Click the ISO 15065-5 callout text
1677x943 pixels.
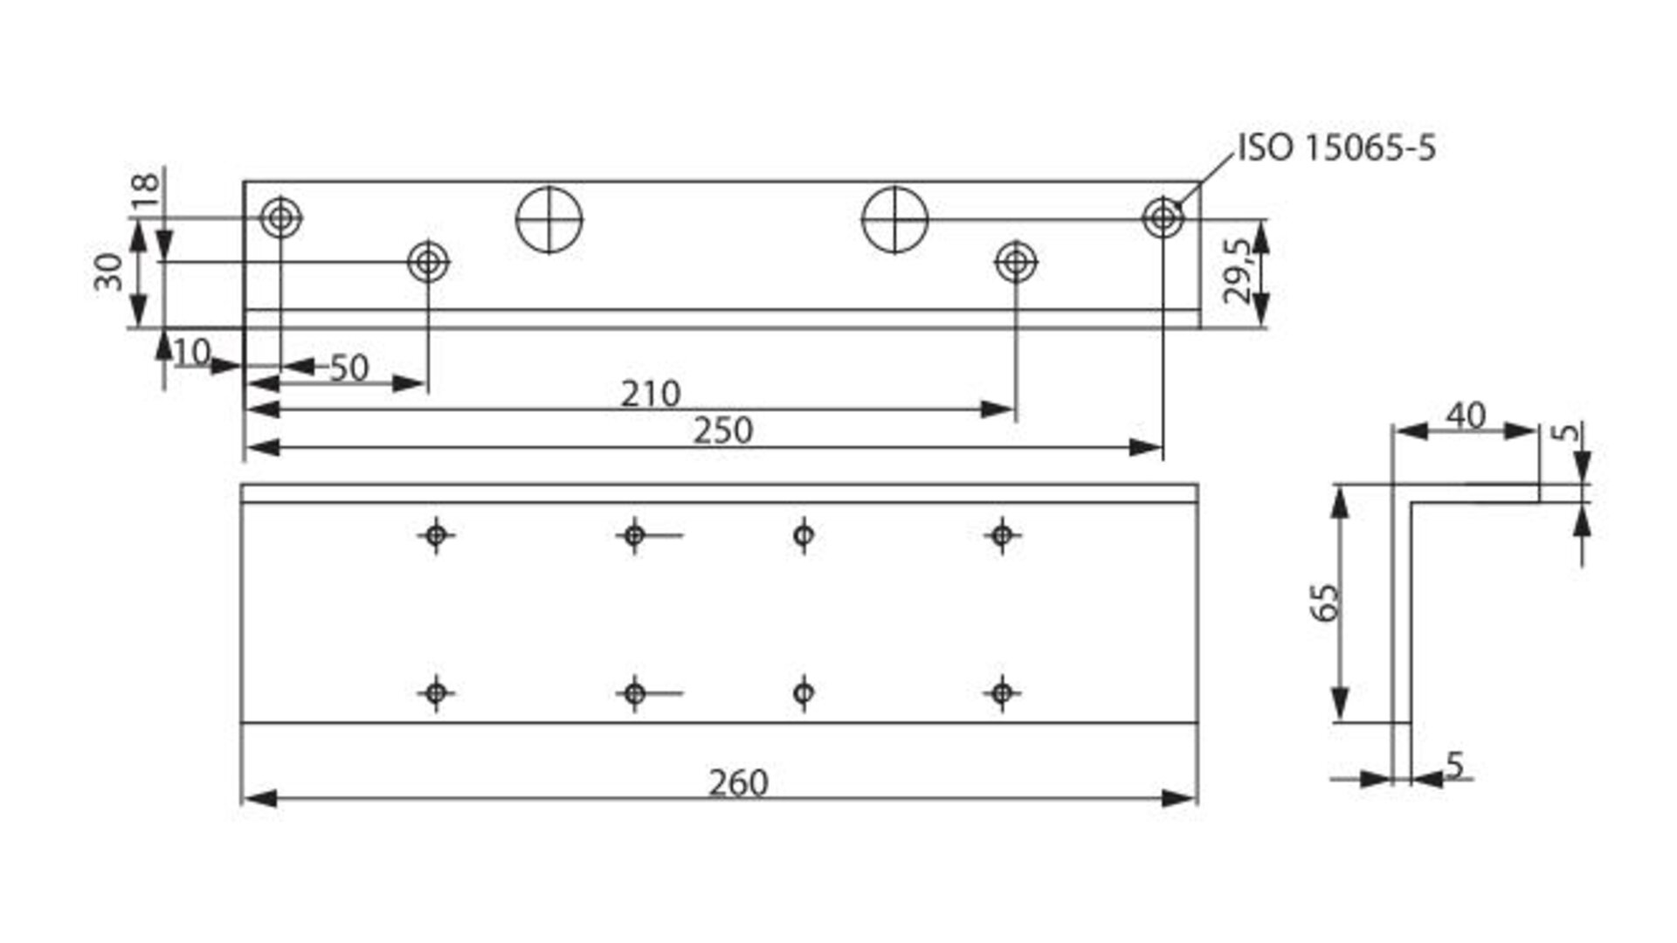[1336, 148]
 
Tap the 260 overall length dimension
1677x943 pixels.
[738, 782]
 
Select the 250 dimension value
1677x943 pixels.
[722, 430]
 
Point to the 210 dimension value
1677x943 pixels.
[650, 394]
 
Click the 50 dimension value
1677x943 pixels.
[349, 368]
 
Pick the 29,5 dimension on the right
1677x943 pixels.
[1239, 272]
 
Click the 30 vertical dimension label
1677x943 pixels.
[110, 272]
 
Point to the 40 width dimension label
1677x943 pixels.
[1466, 416]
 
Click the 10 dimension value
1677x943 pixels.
[191, 352]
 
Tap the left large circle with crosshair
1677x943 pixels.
[549, 219]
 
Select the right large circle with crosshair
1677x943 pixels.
[894, 219]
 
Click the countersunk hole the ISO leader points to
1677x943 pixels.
[1163, 217]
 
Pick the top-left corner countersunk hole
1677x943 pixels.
[280, 217]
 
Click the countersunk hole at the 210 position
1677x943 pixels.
[1016, 261]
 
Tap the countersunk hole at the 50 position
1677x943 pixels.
[428, 261]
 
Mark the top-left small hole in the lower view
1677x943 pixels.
[436, 534]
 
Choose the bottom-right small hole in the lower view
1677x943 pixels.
[1002, 693]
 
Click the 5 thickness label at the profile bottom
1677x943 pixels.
[1453, 764]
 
